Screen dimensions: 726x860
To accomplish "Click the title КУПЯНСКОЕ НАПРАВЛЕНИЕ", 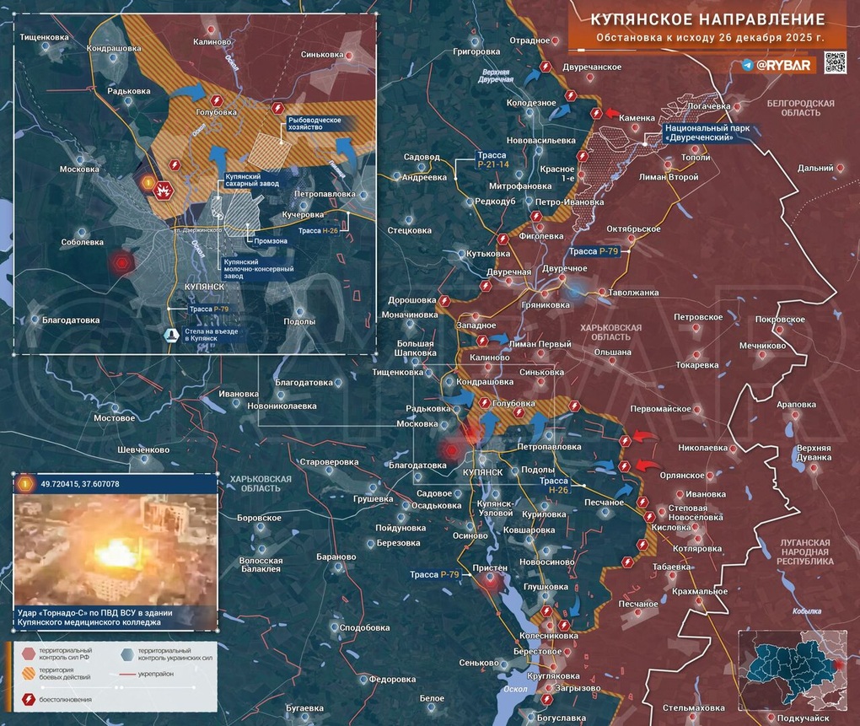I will [x=707, y=19].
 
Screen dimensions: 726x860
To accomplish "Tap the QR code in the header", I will [x=834, y=63].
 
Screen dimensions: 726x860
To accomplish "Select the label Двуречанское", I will [x=592, y=67].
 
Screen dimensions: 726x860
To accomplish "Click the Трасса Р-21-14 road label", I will [x=491, y=160].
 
